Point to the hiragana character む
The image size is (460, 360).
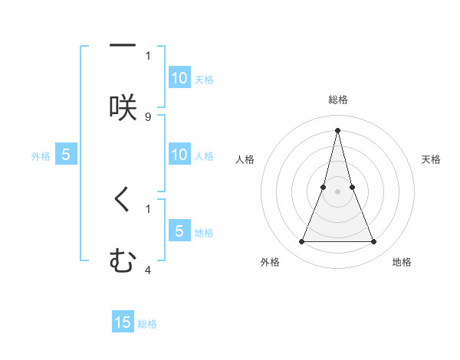pos(123,262)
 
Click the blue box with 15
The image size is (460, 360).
pos(123,322)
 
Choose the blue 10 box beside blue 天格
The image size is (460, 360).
pos(179,78)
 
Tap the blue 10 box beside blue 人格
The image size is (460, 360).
pos(179,155)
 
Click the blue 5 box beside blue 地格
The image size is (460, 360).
pos(179,231)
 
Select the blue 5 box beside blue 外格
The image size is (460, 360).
pos(66,155)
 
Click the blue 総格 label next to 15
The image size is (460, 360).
pos(147,324)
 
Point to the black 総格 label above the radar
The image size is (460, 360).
pos(337,100)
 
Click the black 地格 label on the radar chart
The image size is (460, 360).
pos(402,262)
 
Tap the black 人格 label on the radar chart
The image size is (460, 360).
pos(245,159)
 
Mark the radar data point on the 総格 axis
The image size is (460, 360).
pos(337,130)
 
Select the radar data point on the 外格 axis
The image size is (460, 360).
pos(301,242)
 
